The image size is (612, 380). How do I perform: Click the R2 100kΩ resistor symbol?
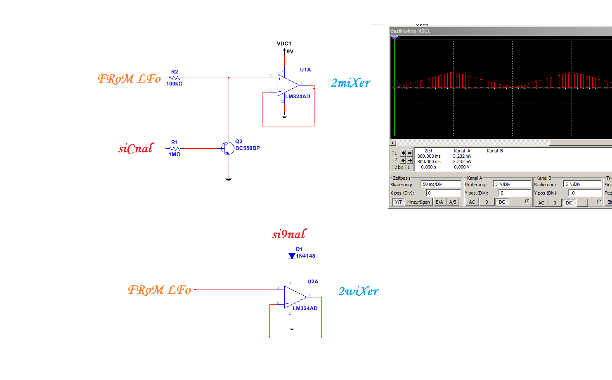[175, 78]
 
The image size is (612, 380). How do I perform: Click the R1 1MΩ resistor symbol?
[175, 148]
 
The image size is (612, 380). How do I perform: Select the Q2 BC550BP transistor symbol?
[227, 148]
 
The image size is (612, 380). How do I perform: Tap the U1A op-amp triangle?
[287, 85]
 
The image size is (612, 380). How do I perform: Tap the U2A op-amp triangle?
[295, 297]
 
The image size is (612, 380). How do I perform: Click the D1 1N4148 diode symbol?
[292, 256]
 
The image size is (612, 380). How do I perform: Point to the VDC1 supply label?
[284, 43]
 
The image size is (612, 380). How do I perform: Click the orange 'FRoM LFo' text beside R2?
[129, 78]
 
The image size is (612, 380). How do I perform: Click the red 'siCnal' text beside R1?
[136, 148]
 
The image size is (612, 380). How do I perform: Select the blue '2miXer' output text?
[350, 83]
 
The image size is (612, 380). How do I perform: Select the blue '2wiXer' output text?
[358, 292]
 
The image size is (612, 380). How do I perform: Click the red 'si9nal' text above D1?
[289, 234]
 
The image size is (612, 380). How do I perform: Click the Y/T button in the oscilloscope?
[398, 202]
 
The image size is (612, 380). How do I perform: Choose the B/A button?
[439, 202]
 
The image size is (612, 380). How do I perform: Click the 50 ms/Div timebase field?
[440, 184]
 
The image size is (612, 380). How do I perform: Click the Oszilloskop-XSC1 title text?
[410, 31]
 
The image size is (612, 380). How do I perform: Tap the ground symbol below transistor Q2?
[229, 179]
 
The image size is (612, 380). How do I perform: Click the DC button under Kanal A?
[502, 202]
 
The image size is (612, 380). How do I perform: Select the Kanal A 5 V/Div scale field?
[512, 184]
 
